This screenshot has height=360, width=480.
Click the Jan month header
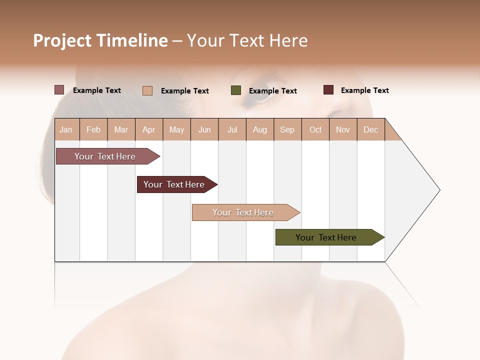tap(66, 129)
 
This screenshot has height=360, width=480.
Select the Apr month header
tap(149, 129)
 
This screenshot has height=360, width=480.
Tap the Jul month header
tap(232, 129)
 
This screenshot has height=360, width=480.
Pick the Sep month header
tap(287, 129)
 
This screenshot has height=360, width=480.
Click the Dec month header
tap(370, 129)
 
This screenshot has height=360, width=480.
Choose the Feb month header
tap(93, 129)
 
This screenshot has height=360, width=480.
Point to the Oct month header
tap(315, 129)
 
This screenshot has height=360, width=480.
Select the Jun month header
tap(204, 129)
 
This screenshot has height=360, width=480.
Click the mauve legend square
tap(59, 90)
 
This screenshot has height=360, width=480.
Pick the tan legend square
tap(147, 90)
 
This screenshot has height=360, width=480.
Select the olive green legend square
tap(236, 90)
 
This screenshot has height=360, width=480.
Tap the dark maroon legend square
tap(328, 90)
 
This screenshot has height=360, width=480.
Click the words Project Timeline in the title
tap(100, 40)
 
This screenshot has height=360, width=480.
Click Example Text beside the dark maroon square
tap(364, 90)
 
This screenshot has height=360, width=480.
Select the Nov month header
tap(343, 129)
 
